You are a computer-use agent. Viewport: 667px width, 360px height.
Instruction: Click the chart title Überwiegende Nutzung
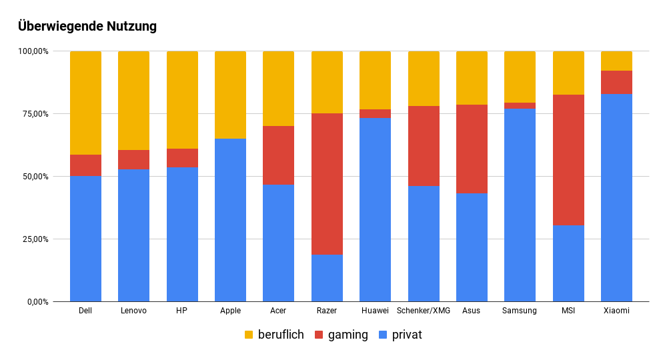click(x=87, y=27)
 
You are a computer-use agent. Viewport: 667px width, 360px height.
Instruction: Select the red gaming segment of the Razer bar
click(x=327, y=183)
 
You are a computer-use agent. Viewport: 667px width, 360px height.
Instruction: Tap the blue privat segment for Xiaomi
click(x=616, y=198)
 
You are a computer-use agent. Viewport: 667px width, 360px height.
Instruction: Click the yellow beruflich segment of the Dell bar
click(x=85, y=103)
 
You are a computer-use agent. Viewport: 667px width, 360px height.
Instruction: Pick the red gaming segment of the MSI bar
click(x=568, y=160)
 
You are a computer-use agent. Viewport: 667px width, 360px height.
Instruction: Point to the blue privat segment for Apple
click(x=230, y=220)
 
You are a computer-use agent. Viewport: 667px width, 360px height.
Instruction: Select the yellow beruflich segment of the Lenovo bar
click(x=133, y=101)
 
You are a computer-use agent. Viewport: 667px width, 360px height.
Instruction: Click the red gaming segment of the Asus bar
click(x=472, y=149)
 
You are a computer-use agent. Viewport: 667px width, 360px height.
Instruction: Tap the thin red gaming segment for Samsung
click(x=520, y=105)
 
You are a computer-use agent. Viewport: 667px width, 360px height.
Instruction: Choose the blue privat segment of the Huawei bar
click(x=375, y=210)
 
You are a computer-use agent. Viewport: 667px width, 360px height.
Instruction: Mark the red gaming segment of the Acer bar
click(x=278, y=155)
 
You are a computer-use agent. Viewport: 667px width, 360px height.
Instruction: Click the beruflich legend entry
click(x=274, y=335)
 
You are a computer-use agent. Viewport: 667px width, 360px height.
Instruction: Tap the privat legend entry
click(x=400, y=335)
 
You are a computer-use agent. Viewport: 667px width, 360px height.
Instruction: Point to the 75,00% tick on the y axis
click(x=33, y=114)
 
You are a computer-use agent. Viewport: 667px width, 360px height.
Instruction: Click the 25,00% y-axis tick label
click(x=33, y=239)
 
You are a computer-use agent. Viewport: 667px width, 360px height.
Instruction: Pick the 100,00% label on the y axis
click(x=32, y=51)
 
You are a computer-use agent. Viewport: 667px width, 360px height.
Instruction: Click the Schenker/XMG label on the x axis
click(x=424, y=311)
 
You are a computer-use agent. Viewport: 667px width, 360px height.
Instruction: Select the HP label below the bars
click(x=182, y=311)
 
